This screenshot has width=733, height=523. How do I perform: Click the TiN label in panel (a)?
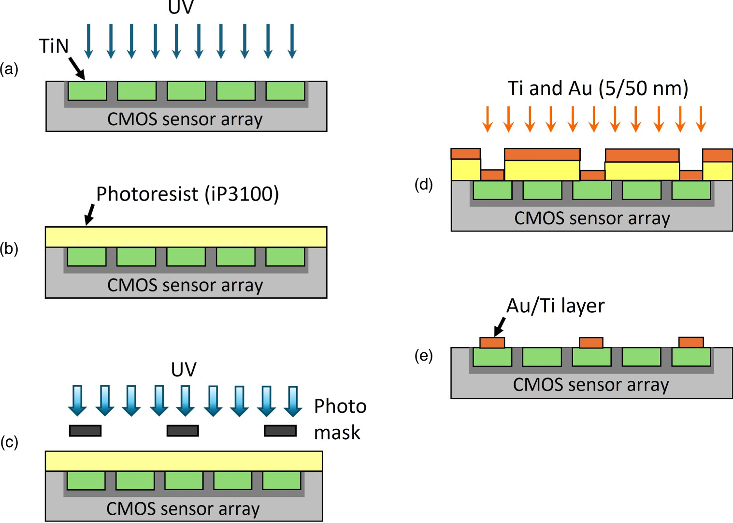coord(54,46)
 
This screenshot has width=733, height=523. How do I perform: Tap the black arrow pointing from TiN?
coord(77,68)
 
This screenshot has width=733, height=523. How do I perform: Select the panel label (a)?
coord(9,69)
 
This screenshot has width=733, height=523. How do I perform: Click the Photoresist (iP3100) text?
coord(187,194)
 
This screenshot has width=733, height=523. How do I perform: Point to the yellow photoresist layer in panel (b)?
coord(186,237)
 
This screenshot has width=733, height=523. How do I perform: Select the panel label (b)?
coord(9,248)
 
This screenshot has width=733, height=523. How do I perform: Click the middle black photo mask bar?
coord(183,430)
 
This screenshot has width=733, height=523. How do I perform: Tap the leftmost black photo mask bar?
coord(85,430)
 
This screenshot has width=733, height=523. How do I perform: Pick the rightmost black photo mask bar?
coord(280,430)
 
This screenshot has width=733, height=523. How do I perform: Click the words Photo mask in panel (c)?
coord(340,419)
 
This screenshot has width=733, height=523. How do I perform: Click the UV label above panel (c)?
coord(184,370)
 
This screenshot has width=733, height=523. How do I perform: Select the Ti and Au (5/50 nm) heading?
coord(598,88)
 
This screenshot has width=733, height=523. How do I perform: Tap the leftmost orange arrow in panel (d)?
coord(488,119)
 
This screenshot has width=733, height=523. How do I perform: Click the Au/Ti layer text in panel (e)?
coord(555,306)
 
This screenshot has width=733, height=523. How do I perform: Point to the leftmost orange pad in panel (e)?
coord(492,342)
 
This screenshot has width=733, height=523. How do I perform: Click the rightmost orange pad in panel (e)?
coord(691,342)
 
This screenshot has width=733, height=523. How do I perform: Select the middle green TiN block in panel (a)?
coord(187,91)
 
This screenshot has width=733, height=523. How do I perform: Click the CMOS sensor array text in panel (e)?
coord(591,385)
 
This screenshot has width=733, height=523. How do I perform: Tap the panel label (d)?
coord(424,184)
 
